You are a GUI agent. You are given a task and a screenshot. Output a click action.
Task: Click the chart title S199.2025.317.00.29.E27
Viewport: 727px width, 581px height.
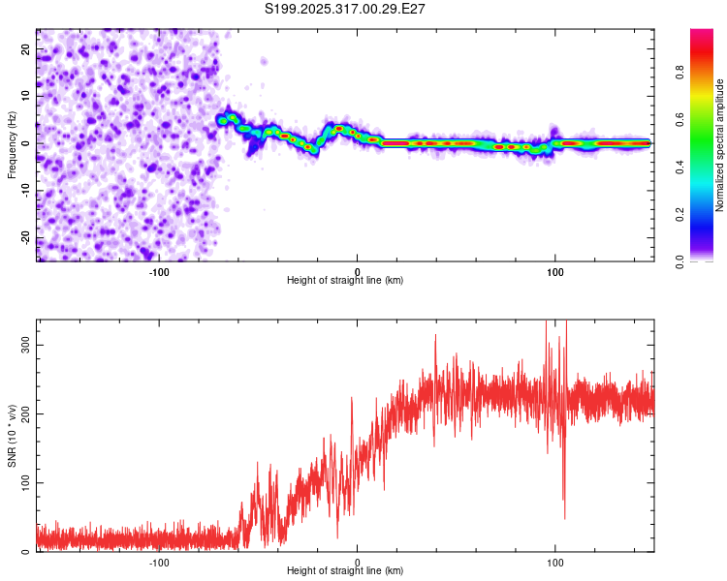pyautogui.click(x=346, y=9)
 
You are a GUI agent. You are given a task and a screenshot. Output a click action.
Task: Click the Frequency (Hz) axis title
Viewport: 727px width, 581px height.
pyautogui.click(x=12, y=144)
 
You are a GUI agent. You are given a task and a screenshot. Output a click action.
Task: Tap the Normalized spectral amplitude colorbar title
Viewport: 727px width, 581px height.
pyautogui.click(x=719, y=145)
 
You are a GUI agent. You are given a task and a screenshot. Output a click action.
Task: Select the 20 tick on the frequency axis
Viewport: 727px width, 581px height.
pyautogui.click(x=26, y=47)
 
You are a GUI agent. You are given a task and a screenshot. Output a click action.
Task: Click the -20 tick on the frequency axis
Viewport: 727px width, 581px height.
pyautogui.click(x=24, y=238)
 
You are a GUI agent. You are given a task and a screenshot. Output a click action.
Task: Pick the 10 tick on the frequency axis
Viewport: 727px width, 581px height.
pyautogui.click(x=26, y=95)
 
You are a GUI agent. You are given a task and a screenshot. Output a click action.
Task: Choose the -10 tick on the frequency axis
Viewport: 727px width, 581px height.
pyautogui.click(x=24, y=191)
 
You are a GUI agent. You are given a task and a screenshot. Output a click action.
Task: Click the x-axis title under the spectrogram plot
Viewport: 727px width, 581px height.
pyautogui.click(x=345, y=281)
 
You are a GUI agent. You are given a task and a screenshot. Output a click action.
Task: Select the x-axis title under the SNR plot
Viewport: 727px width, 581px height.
pyautogui.click(x=345, y=571)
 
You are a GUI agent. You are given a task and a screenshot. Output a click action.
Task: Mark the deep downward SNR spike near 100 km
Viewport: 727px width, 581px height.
pyautogui.click(x=564, y=516)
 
